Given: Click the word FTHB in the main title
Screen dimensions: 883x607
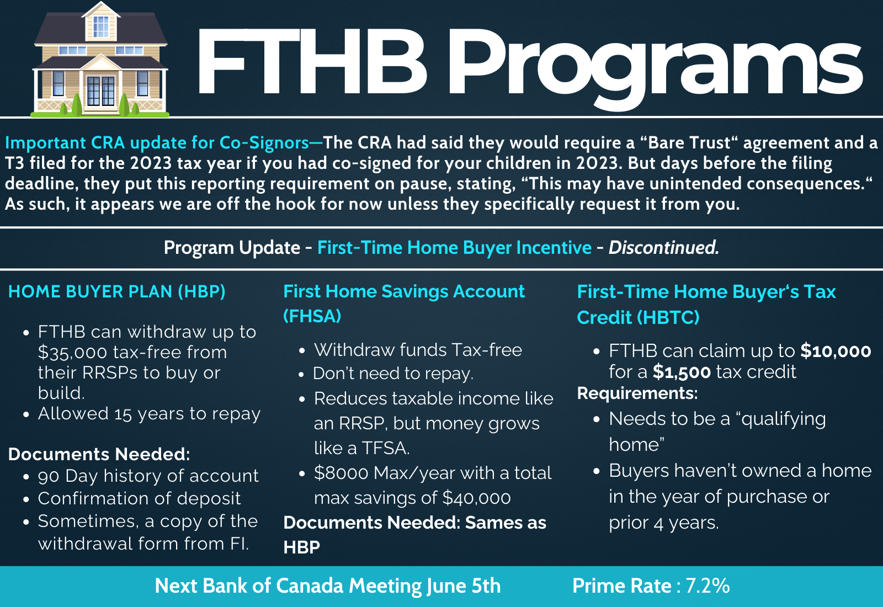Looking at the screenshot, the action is pos(311,62).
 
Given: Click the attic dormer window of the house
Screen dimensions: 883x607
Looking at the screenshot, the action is pos(101,27).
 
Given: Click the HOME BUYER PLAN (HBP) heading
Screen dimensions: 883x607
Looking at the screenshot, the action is pos(116,292).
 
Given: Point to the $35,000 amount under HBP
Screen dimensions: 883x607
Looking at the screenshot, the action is pos(72,353).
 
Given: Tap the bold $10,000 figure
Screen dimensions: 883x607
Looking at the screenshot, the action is pos(836,351).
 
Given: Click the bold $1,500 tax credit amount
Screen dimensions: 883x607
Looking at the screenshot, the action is pos(682,372).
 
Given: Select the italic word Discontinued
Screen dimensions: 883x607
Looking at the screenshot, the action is pos(664,248).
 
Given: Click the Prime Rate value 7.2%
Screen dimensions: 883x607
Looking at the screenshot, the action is pos(708,585).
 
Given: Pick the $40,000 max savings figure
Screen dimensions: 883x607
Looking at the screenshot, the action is pos(477,498).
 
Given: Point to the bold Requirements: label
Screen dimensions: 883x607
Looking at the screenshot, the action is pos(637,393).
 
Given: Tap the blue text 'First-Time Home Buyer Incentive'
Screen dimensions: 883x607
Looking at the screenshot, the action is pos(455,248).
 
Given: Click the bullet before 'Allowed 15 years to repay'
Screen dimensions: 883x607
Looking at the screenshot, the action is pos(26,414).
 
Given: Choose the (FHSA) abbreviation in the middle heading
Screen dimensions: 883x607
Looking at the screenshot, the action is pos(312,316).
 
